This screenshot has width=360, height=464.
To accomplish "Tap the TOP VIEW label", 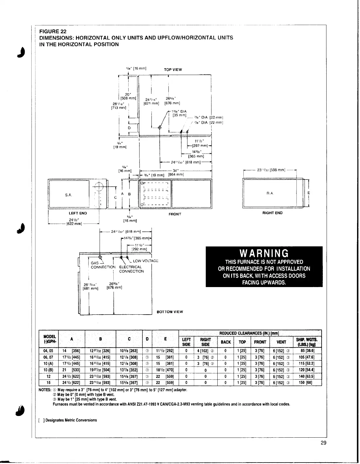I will pos(173,70).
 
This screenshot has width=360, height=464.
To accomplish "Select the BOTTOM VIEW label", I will pos(170,312).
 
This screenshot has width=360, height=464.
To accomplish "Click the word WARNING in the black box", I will pos(264,253).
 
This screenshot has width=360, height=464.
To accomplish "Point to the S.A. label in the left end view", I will pos(68,195).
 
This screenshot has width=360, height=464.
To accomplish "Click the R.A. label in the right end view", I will pos(270,193).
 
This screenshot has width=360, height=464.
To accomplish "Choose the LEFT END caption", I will pos(78,213).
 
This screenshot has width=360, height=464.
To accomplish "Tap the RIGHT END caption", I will pos(272,213).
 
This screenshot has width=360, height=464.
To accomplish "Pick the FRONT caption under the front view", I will pos(175,214).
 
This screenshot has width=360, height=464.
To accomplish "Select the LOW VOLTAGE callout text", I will pos(146,261).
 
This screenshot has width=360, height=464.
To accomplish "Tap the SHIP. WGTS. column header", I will pos(307,342).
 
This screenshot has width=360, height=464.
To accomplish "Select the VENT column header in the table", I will pos(281,342).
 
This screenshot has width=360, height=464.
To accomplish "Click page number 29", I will pos(323,443).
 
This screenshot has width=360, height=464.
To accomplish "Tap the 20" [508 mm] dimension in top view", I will pos(128,96).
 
